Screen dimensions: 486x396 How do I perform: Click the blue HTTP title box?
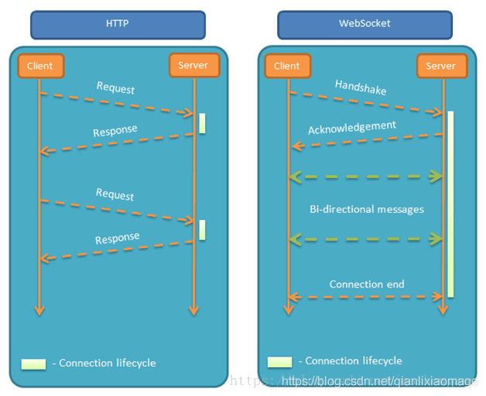(118, 25)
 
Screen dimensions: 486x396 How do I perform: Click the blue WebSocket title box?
(364, 25)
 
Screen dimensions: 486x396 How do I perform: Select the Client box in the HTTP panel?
(40, 66)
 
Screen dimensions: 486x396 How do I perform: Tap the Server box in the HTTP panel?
(194, 65)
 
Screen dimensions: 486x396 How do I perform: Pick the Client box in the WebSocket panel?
(288, 66)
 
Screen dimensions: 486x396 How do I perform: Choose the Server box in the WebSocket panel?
(442, 66)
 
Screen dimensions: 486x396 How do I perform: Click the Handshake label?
(361, 88)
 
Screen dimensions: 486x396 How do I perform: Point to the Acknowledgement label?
(352, 128)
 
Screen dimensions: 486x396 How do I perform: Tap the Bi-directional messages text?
(367, 209)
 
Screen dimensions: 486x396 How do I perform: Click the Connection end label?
(367, 284)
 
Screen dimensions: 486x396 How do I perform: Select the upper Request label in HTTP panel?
(115, 88)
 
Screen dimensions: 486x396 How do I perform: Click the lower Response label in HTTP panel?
(117, 238)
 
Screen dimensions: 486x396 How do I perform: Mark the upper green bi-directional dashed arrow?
(366, 177)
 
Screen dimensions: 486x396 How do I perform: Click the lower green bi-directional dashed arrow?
(366, 239)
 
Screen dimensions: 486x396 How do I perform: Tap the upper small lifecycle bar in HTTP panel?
(202, 123)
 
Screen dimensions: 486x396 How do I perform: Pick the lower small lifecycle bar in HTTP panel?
(202, 230)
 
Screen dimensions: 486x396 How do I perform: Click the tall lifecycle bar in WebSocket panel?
(450, 205)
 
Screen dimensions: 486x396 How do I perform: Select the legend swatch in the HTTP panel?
(33, 364)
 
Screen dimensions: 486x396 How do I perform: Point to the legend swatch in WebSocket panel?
(279, 362)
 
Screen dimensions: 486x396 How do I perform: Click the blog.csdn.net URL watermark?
(379, 381)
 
